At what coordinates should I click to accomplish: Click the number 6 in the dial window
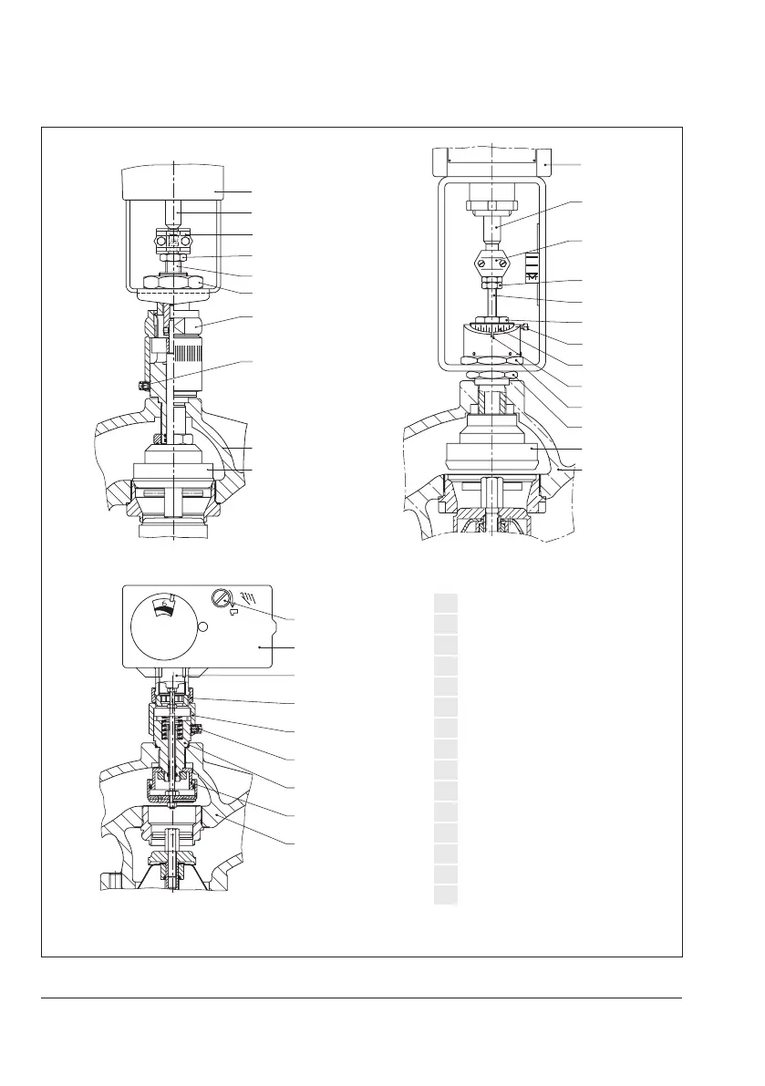[x=164, y=602]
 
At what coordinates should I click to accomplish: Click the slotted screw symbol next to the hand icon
[x=219, y=598]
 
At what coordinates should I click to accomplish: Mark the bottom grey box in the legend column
[x=444, y=895]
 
